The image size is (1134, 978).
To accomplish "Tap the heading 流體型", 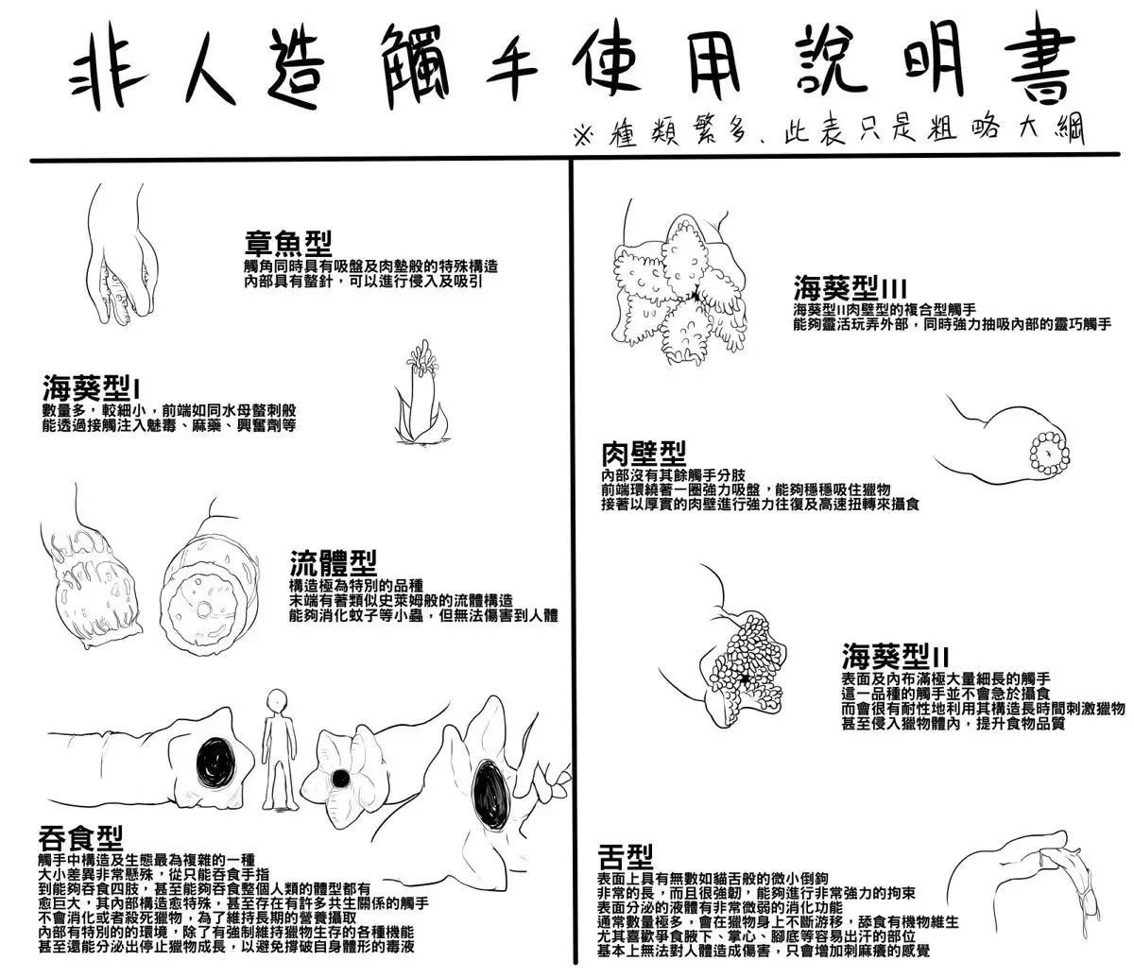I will pos(333,564).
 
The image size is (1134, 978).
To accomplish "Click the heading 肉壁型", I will pos(643,453).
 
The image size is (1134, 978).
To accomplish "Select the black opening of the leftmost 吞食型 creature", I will pos(210,761).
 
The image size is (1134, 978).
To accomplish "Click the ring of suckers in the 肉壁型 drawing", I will pos(1049,454).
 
